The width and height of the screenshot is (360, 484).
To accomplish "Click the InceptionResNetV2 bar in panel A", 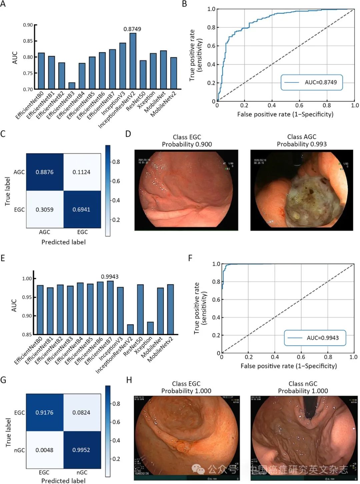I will (x=133, y=61).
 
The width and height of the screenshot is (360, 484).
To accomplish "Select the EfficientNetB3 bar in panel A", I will (x=72, y=86).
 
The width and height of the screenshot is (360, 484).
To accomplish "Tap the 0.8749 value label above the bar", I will (x=132, y=29).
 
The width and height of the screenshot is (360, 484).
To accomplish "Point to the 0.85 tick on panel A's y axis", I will (x=28, y=41).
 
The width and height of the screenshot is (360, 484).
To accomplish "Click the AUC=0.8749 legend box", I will (x=311, y=82).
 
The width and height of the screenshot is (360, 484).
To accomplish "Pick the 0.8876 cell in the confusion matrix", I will (x=45, y=172).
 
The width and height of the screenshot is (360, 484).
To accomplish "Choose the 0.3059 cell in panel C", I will (x=45, y=209).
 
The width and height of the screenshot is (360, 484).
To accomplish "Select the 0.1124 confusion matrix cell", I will (x=82, y=172).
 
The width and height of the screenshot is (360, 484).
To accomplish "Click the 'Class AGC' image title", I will (x=302, y=137).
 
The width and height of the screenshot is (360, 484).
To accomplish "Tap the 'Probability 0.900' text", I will (x=187, y=144).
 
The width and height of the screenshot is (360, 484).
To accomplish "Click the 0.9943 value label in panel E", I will (x=110, y=277).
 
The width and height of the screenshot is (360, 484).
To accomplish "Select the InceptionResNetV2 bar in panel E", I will (x=130, y=329).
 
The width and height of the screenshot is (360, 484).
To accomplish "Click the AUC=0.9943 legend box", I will (x=315, y=338).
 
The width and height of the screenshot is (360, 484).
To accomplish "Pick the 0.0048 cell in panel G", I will (x=44, y=450).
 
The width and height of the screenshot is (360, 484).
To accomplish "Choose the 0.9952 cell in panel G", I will (x=81, y=450).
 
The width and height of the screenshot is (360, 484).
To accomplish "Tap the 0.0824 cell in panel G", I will (x=81, y=413).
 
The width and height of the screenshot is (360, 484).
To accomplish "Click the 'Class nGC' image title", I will (x=303, y=384).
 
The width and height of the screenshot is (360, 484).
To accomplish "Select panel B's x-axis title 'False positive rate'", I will (x=285, y=114).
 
